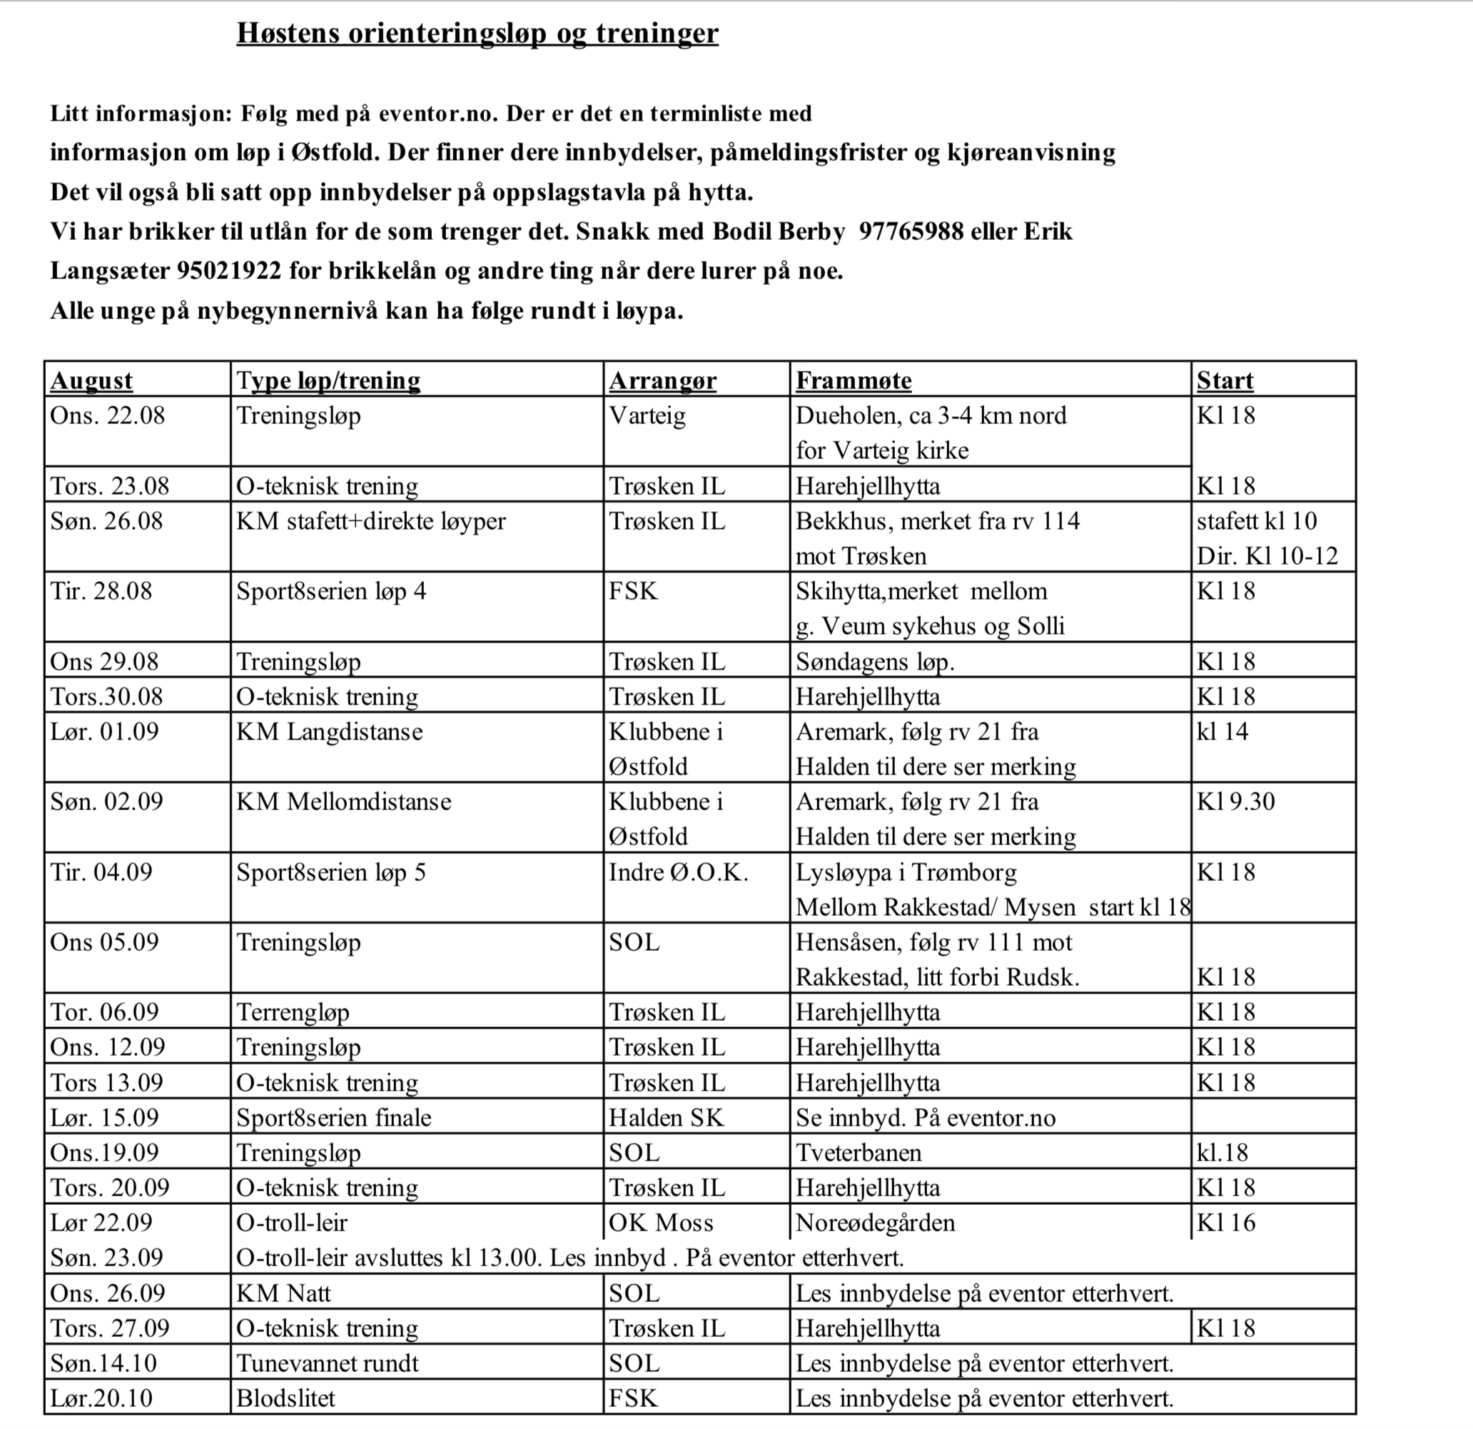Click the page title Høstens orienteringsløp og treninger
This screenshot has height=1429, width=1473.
click(477, 33)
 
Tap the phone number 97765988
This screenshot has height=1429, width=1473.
click(910, 231)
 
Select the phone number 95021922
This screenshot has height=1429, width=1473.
click(228, 271)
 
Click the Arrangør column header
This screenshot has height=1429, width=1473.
click(662, 380)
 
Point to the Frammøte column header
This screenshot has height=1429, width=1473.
click(853, 380)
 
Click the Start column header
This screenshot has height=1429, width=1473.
click(1224, 380)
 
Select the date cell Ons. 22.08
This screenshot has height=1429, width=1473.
click(108, 415)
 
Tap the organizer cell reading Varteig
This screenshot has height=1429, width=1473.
click(647, 415)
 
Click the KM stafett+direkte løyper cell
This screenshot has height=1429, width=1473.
click(370, 521)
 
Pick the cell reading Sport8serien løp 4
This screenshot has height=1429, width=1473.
click(330, 591)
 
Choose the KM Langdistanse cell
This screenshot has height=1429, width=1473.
click(329, 732)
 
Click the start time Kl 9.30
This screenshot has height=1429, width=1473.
click(1235, 802)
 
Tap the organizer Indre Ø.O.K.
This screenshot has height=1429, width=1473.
click(678, 872)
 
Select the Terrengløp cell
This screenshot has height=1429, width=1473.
click(293, 1012)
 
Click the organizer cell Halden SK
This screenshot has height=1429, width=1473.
click(666, 1117)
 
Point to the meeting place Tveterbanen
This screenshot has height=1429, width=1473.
click(859, 1152)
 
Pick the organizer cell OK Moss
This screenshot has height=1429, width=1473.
click(661, 1222)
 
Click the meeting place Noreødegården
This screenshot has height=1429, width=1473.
click(875, 1222)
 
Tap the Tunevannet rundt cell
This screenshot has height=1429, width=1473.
click(327, 1363)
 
